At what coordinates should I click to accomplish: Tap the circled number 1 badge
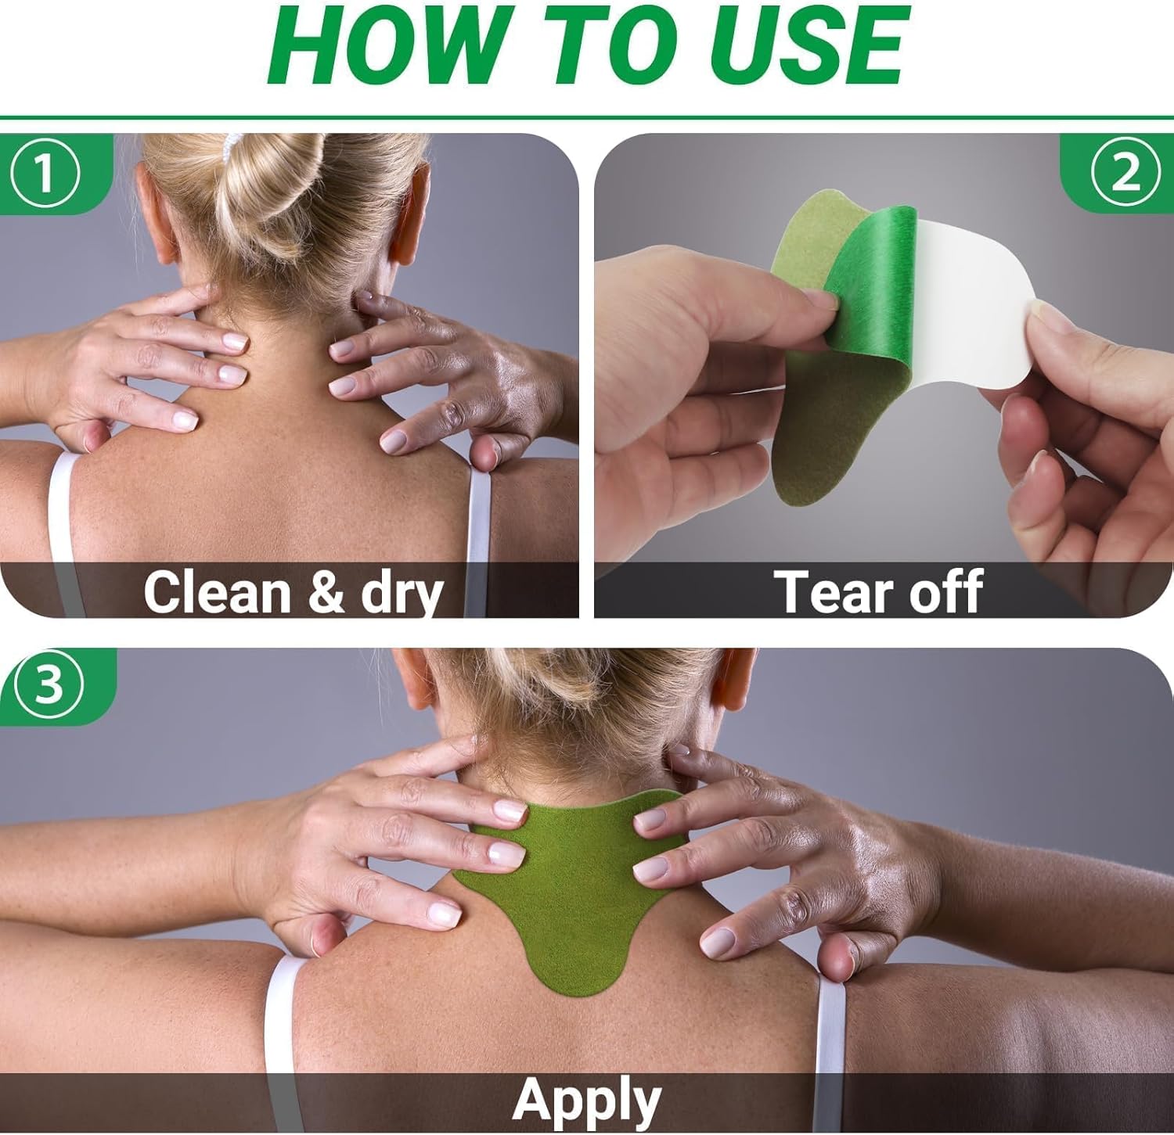coord(45,174)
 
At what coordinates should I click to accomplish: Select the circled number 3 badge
coord(49,686)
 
